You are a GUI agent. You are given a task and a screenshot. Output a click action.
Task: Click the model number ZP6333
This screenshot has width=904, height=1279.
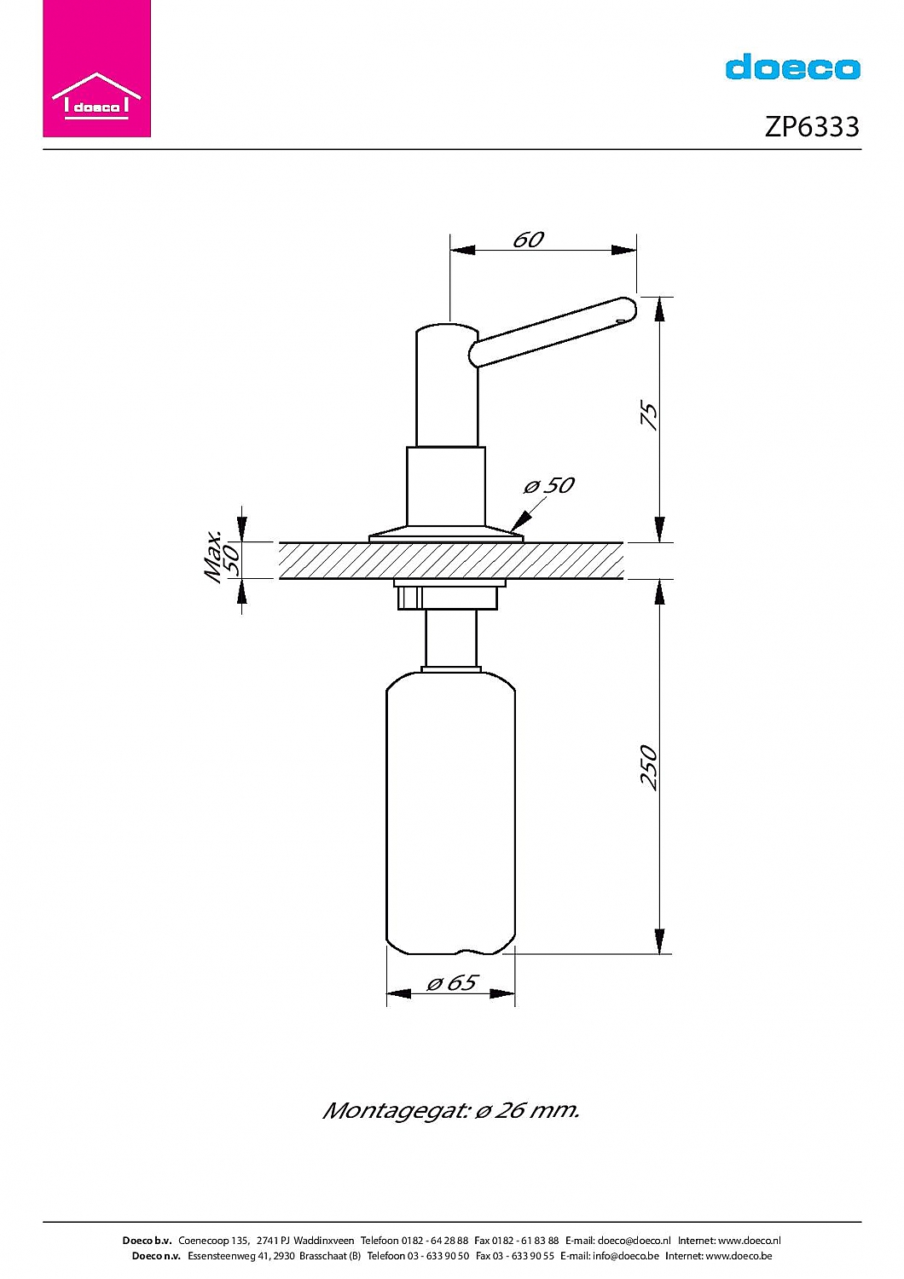tap(812, 127)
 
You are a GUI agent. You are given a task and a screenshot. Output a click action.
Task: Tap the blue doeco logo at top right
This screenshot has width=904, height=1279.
tap(792, 67)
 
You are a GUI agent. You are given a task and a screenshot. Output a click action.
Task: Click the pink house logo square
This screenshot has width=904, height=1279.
tap(96, 68)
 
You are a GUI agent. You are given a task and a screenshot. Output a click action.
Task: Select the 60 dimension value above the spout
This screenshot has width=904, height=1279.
tap(528, 240)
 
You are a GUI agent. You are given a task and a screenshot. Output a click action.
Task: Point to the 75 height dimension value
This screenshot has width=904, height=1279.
tap(650, 415)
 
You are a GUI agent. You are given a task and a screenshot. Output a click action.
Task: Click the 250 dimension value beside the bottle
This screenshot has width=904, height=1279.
tap(649, 767)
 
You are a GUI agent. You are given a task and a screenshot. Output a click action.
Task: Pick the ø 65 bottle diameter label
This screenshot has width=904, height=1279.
tap(452, 982)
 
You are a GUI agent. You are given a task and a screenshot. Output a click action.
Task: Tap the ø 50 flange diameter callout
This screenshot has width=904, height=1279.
tap(548, 485)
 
